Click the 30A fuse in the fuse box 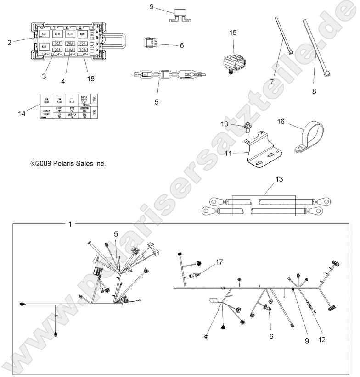tap(83, 50)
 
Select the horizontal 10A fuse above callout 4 tap(70, 50)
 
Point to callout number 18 tap(91, 79)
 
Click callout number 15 tap(233, 33)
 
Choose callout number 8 tap(314, 91)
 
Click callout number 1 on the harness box tap(70, 224)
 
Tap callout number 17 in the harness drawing tap(219, 262)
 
